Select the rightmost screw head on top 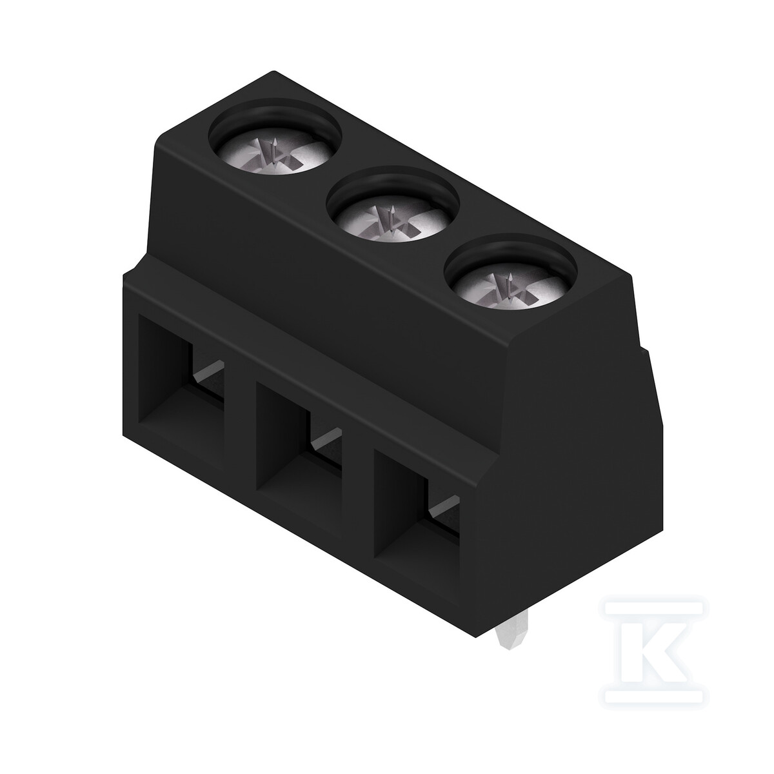pyautogui.click(x=510, y=288)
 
